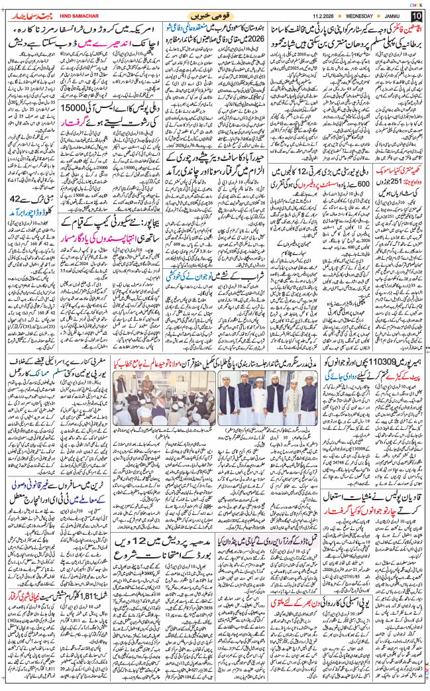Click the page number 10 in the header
pos(416,15)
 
